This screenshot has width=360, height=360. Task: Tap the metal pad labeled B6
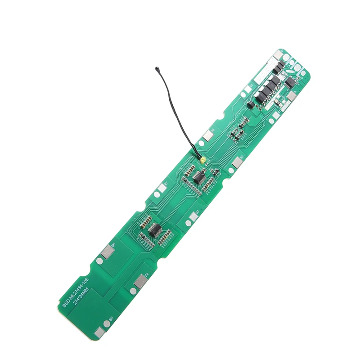pos(108,253)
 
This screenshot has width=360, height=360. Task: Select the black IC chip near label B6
pos(154,230)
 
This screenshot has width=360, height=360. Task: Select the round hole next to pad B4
pos(133,291)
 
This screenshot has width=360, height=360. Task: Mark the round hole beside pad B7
pos(156,194)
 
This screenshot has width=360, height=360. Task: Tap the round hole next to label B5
pos(105,328)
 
